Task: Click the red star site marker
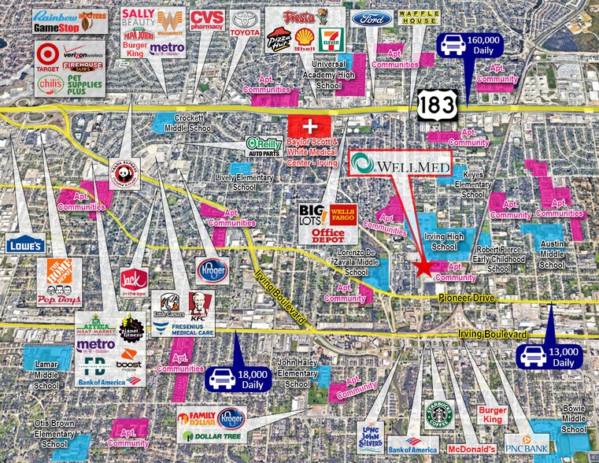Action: click(424, 268)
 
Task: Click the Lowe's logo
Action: click(21, 245)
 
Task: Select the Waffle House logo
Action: click(418, 17)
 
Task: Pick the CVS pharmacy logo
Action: click(207, 20)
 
